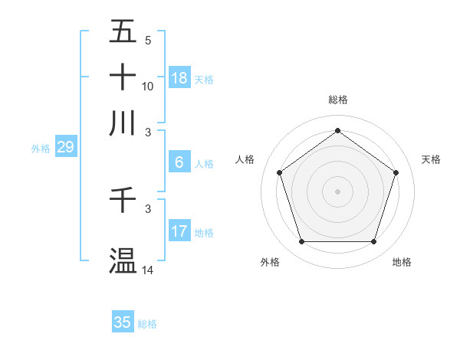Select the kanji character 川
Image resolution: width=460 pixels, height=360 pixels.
pos(123,123)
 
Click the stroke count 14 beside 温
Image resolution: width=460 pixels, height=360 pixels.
pos(148,270)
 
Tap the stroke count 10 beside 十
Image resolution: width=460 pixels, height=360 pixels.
pos(148,86)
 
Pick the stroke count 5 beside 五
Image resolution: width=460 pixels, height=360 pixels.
pos(148,40)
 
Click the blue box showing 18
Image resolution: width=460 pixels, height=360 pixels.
pos(179,77)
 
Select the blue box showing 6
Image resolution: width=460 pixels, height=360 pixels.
pos(179,162)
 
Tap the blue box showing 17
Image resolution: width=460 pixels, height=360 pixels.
pos(179,231)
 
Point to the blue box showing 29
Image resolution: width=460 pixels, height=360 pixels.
pos(65,147)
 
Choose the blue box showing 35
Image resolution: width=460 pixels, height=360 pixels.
pos(123,322)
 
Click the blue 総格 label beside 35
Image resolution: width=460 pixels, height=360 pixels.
pos(148,324)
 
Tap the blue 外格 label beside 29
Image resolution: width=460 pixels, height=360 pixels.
pos(41,149)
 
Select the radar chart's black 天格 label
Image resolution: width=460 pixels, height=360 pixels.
pos(431,159)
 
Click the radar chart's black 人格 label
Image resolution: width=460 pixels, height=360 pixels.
pos(245,159)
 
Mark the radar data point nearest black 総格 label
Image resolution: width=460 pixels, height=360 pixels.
pos(337,131)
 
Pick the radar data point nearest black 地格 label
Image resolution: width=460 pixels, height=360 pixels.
pos(373,242)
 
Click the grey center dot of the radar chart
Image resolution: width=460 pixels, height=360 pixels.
pos(337,191)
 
